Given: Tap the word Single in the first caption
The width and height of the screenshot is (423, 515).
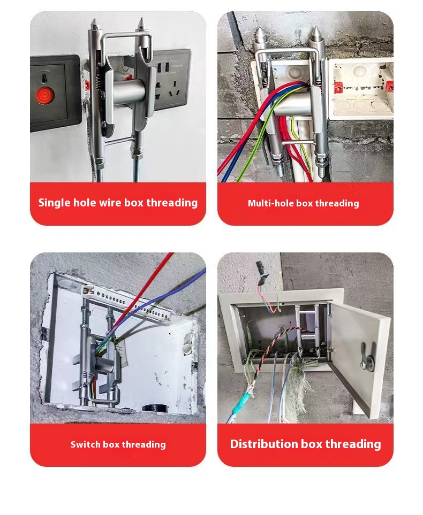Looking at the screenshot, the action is coord(54,203).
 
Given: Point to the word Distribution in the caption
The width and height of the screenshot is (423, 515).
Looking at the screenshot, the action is coord(264,444).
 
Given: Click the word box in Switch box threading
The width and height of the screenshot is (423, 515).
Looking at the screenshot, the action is coord(111,444).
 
